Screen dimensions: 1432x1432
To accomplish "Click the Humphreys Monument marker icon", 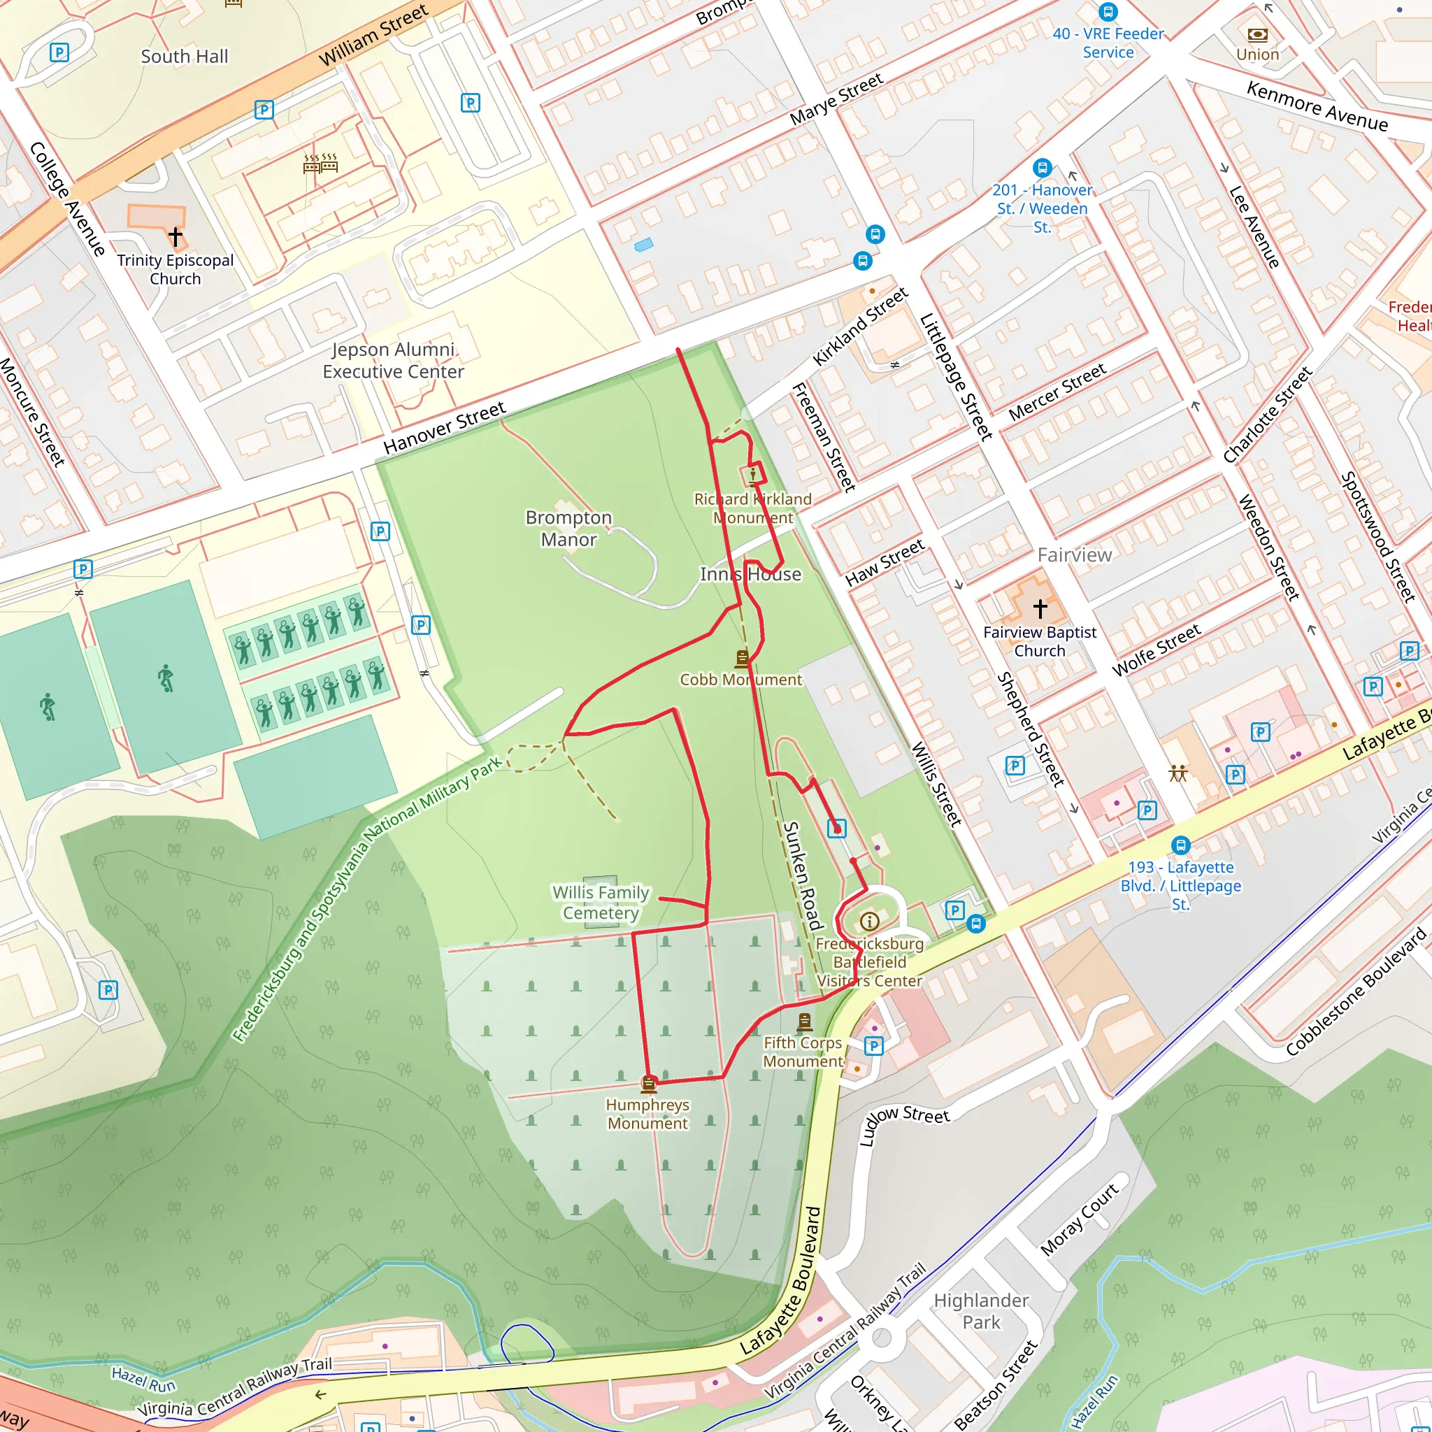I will point(649,1084).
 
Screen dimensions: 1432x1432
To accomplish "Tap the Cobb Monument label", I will point(740,679).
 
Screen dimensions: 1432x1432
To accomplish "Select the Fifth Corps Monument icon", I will point(804,1023).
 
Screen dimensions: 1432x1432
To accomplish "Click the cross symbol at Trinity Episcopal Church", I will point(175,236).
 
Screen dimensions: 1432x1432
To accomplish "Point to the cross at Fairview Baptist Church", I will point(1040,608).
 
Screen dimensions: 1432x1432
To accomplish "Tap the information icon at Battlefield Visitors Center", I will point(869,922).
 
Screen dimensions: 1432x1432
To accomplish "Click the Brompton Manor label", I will point(568,528).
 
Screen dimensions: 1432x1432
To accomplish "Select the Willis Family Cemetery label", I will point(601,902).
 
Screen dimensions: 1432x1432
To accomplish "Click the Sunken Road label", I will point(803,875).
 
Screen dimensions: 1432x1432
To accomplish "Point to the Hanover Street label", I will point(444,428).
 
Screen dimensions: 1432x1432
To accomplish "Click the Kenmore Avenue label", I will point(1317,106).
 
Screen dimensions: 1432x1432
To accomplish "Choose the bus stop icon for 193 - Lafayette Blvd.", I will point(1181,845).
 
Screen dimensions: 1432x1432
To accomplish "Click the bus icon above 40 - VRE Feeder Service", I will point(1108,12).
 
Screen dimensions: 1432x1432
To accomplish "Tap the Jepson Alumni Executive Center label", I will point(393,360).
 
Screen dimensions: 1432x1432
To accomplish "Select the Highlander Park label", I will point(980,1310).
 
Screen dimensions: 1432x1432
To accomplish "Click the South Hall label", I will point(185,57).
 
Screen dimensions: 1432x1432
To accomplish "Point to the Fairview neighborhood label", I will point(1074,554).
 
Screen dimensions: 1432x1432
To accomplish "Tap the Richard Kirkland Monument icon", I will point(753,473).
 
